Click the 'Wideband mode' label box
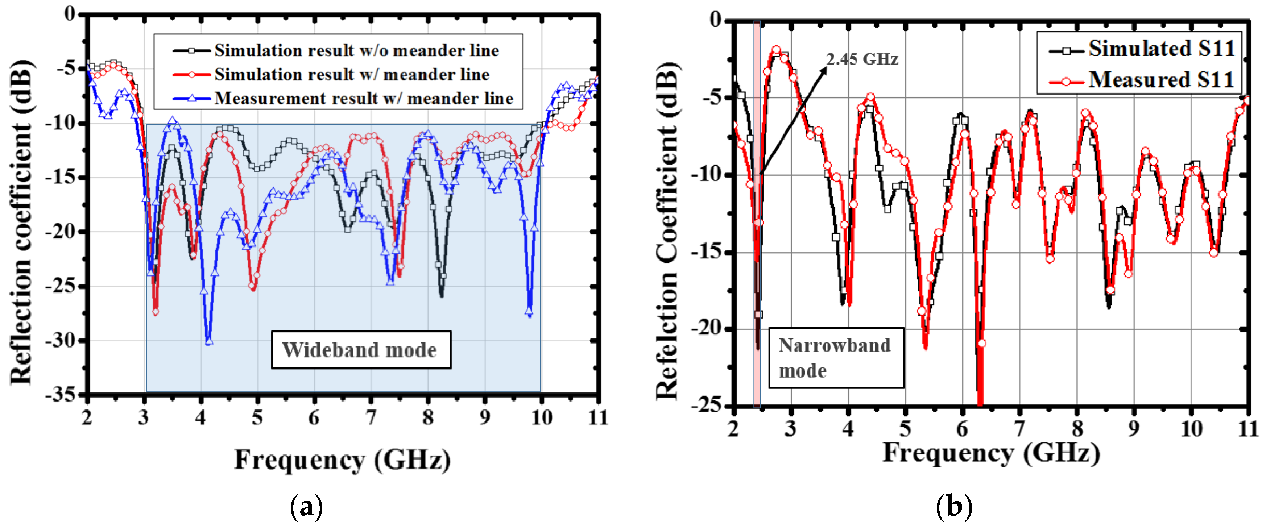pos(361,350)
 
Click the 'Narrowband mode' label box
pos(835,358)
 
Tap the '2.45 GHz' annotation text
pos(862,59)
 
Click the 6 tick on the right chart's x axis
pos(962,429)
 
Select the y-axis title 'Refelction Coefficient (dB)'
pos(667,230)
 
